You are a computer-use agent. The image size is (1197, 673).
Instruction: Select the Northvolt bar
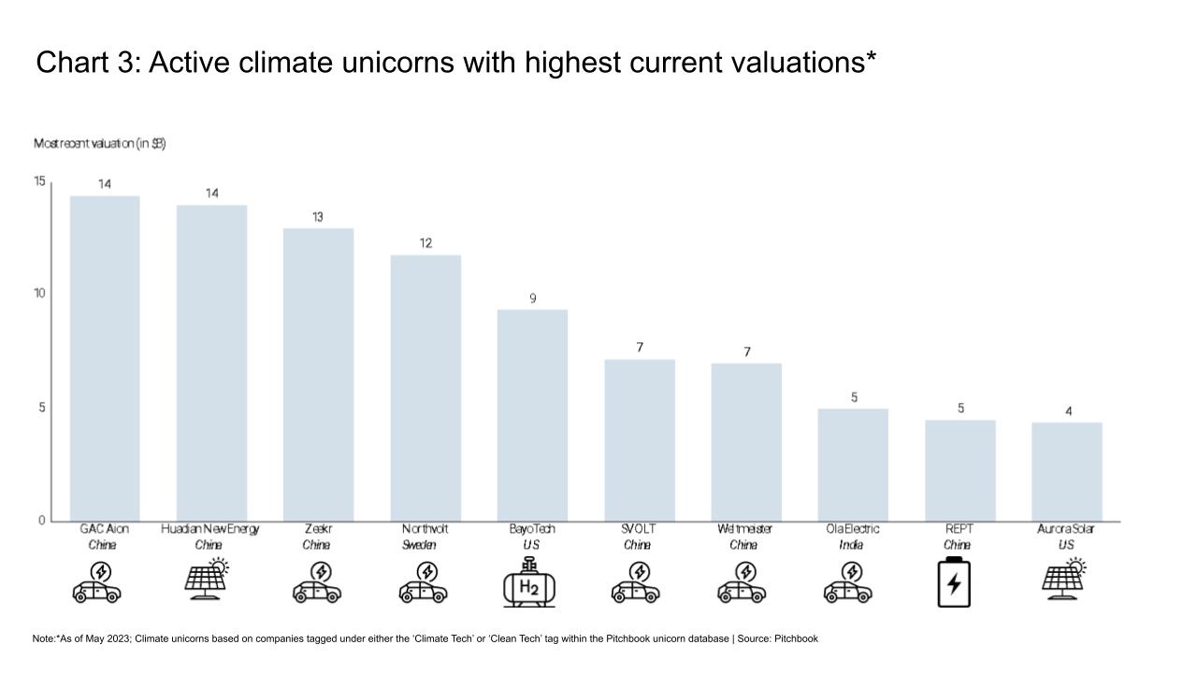point(425,388)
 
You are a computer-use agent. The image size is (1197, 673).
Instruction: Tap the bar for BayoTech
point(532,415)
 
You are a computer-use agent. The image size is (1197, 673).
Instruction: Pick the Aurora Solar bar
point(1067,471)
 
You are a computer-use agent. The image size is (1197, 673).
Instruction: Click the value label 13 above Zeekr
point(318,217)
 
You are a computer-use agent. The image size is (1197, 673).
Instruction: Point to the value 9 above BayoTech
point(532,298)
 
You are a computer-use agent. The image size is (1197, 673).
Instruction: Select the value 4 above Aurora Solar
point(1068,411)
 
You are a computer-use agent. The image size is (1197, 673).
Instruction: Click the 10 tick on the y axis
point(40,294)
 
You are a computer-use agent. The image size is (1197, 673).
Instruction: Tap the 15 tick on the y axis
point(40,181)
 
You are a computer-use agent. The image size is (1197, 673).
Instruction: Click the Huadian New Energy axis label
point(209,529)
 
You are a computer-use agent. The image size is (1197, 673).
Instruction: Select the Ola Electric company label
point(852,529)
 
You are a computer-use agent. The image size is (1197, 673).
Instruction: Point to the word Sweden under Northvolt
point(419,545)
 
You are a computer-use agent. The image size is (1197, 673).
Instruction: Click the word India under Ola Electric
point(851,545)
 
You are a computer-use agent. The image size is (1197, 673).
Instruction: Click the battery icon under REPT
point(954,581)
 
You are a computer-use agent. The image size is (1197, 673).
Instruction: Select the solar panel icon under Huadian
point(207,578)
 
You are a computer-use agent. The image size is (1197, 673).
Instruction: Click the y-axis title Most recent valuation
point(100,144)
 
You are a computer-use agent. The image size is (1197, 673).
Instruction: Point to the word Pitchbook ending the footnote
point(796,638)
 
